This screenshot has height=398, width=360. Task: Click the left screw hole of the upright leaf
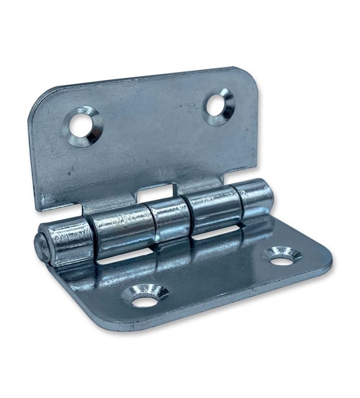coord(83,126)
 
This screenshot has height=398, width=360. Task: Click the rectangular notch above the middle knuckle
coord(155,193)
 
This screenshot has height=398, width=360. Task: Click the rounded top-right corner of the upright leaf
coord(250,76)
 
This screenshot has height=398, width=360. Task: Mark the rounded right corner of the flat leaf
coord(325,262)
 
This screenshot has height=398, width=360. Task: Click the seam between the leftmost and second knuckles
coord(90,237)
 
